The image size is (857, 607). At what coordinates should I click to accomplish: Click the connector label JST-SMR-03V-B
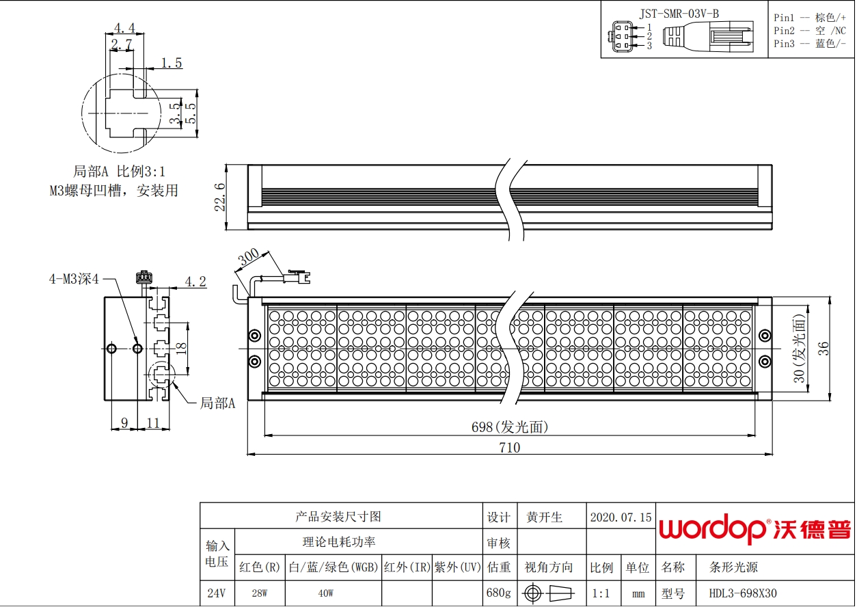679,14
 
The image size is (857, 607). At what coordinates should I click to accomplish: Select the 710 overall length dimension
510,448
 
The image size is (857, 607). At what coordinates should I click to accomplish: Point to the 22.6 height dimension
220,197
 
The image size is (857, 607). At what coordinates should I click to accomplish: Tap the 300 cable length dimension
249,257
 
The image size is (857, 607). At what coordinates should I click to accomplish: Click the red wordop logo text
712,528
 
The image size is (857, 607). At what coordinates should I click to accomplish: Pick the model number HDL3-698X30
743,593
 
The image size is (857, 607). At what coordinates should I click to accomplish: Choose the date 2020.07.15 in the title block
621,517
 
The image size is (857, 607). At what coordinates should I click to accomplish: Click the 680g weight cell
498,593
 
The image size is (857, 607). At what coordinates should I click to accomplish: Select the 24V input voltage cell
216,593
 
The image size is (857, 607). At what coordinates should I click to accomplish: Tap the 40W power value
325,593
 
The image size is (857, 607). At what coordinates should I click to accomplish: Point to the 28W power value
260,593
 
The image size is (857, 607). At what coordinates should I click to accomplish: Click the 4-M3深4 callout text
74,279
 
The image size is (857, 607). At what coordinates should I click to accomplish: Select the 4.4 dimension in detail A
125,28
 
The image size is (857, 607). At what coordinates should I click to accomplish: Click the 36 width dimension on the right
824,349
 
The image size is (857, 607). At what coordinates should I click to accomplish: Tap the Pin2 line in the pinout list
810,31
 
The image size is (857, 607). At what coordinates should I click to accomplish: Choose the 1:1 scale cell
601,593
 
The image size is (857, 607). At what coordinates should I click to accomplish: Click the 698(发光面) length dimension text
510,427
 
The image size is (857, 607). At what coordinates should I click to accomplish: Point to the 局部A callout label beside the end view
217,403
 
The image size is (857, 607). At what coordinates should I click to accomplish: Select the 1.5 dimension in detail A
172,63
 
